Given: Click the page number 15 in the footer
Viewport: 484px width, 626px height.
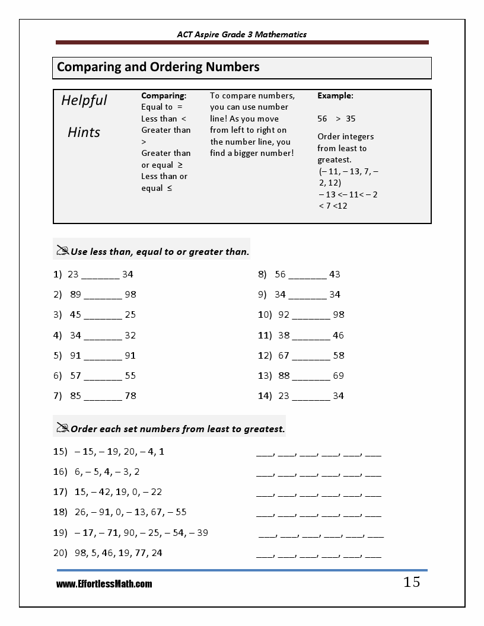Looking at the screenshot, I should (x=412, y=582).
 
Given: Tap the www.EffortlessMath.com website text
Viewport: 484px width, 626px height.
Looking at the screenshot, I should (x=104, y=584).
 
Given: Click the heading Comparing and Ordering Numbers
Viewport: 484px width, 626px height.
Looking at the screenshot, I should (x=158, y=67).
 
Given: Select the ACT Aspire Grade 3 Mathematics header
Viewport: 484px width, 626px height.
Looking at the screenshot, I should (x=242, y=34).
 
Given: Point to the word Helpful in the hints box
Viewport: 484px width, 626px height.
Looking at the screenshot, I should (x=84, y=100).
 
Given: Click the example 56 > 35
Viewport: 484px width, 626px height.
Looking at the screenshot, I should (x=336, y=119).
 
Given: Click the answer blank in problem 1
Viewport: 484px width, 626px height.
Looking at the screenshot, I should (x=100, y=275).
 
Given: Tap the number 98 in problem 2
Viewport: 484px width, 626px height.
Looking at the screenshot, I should (x=130, y=295).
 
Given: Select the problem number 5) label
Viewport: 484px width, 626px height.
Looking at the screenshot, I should (x=58, y=356).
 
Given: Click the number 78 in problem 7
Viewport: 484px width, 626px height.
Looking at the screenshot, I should (x=130, y=396).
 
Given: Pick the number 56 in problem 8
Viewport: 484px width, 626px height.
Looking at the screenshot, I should (x=281, y=274).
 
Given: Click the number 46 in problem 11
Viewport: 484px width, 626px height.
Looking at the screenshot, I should (x=338, y=336).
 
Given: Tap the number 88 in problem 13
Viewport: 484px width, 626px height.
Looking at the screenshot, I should (x=284, y=376).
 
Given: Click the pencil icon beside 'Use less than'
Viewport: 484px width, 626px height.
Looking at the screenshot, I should (x=62, y=251).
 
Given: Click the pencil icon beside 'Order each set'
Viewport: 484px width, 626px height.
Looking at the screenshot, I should (x=62, y=428).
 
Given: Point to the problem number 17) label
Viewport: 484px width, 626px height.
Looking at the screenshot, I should (x=60, y=492).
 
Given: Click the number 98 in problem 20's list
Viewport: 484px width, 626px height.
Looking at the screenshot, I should (x=81, y=553).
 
